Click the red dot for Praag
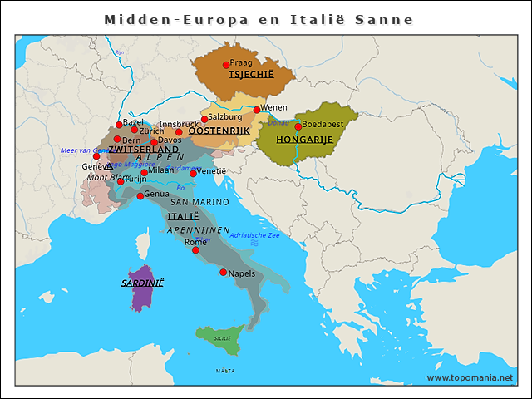tap(225, 65)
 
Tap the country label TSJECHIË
tap(250, 75)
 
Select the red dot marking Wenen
tap(257, 110)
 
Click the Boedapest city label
tap(323, 124)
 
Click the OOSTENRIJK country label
tap(219, 131)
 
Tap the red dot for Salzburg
tap(204, 119)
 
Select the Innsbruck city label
tap(180, 124)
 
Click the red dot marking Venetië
tap(193, 173)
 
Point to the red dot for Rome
tap(196, 250)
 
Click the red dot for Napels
tap(223, 273)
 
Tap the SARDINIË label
tap(142, 283)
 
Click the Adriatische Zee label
tap(254, 235)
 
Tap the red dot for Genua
tap(140, 196)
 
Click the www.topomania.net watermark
tap(470, 378)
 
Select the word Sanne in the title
tap(386, 19)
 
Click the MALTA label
tap(224, 371)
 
